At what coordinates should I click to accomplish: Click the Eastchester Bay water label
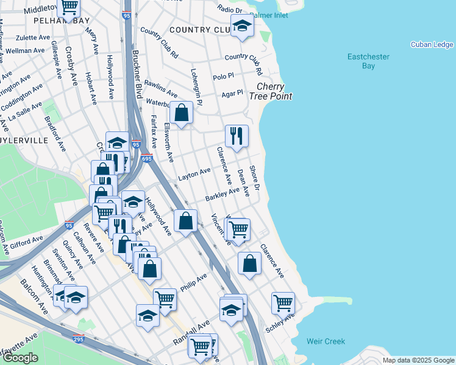point(368,61)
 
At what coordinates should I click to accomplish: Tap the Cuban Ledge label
point(432,44)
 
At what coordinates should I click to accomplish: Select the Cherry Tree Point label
point(274,92)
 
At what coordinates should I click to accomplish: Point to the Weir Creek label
point(326,342)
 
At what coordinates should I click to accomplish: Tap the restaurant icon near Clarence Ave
point(237,136)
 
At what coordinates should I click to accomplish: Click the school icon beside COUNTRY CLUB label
point(242,26)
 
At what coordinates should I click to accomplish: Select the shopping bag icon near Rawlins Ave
point(181,113)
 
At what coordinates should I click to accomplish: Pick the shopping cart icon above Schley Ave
point(283,302)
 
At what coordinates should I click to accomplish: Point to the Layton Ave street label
point(194,175)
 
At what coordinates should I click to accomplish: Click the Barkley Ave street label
point(223,195)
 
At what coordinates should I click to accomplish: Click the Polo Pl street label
point(223,77)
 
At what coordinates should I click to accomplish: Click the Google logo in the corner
point(20,358)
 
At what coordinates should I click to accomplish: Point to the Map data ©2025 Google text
point(418,360)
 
